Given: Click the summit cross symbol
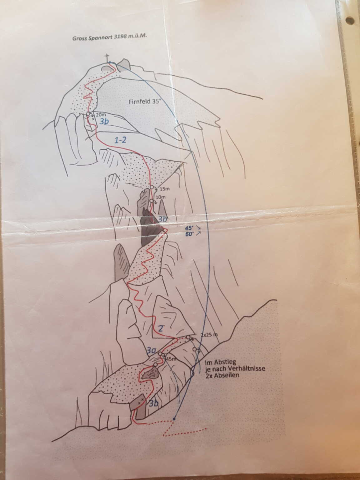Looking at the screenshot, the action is [107, 58].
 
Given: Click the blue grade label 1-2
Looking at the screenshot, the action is [120, 140].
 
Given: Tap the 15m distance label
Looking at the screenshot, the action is [165, 189].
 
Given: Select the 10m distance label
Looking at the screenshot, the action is [161, 197].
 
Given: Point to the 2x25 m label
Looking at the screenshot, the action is [209, 334].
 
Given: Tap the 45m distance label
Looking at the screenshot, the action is [171, 358].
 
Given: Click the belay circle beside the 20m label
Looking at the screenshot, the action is [88, 114].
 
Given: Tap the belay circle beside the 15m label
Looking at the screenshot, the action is [152, 187].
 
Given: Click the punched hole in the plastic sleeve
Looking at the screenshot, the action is [351, 20].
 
